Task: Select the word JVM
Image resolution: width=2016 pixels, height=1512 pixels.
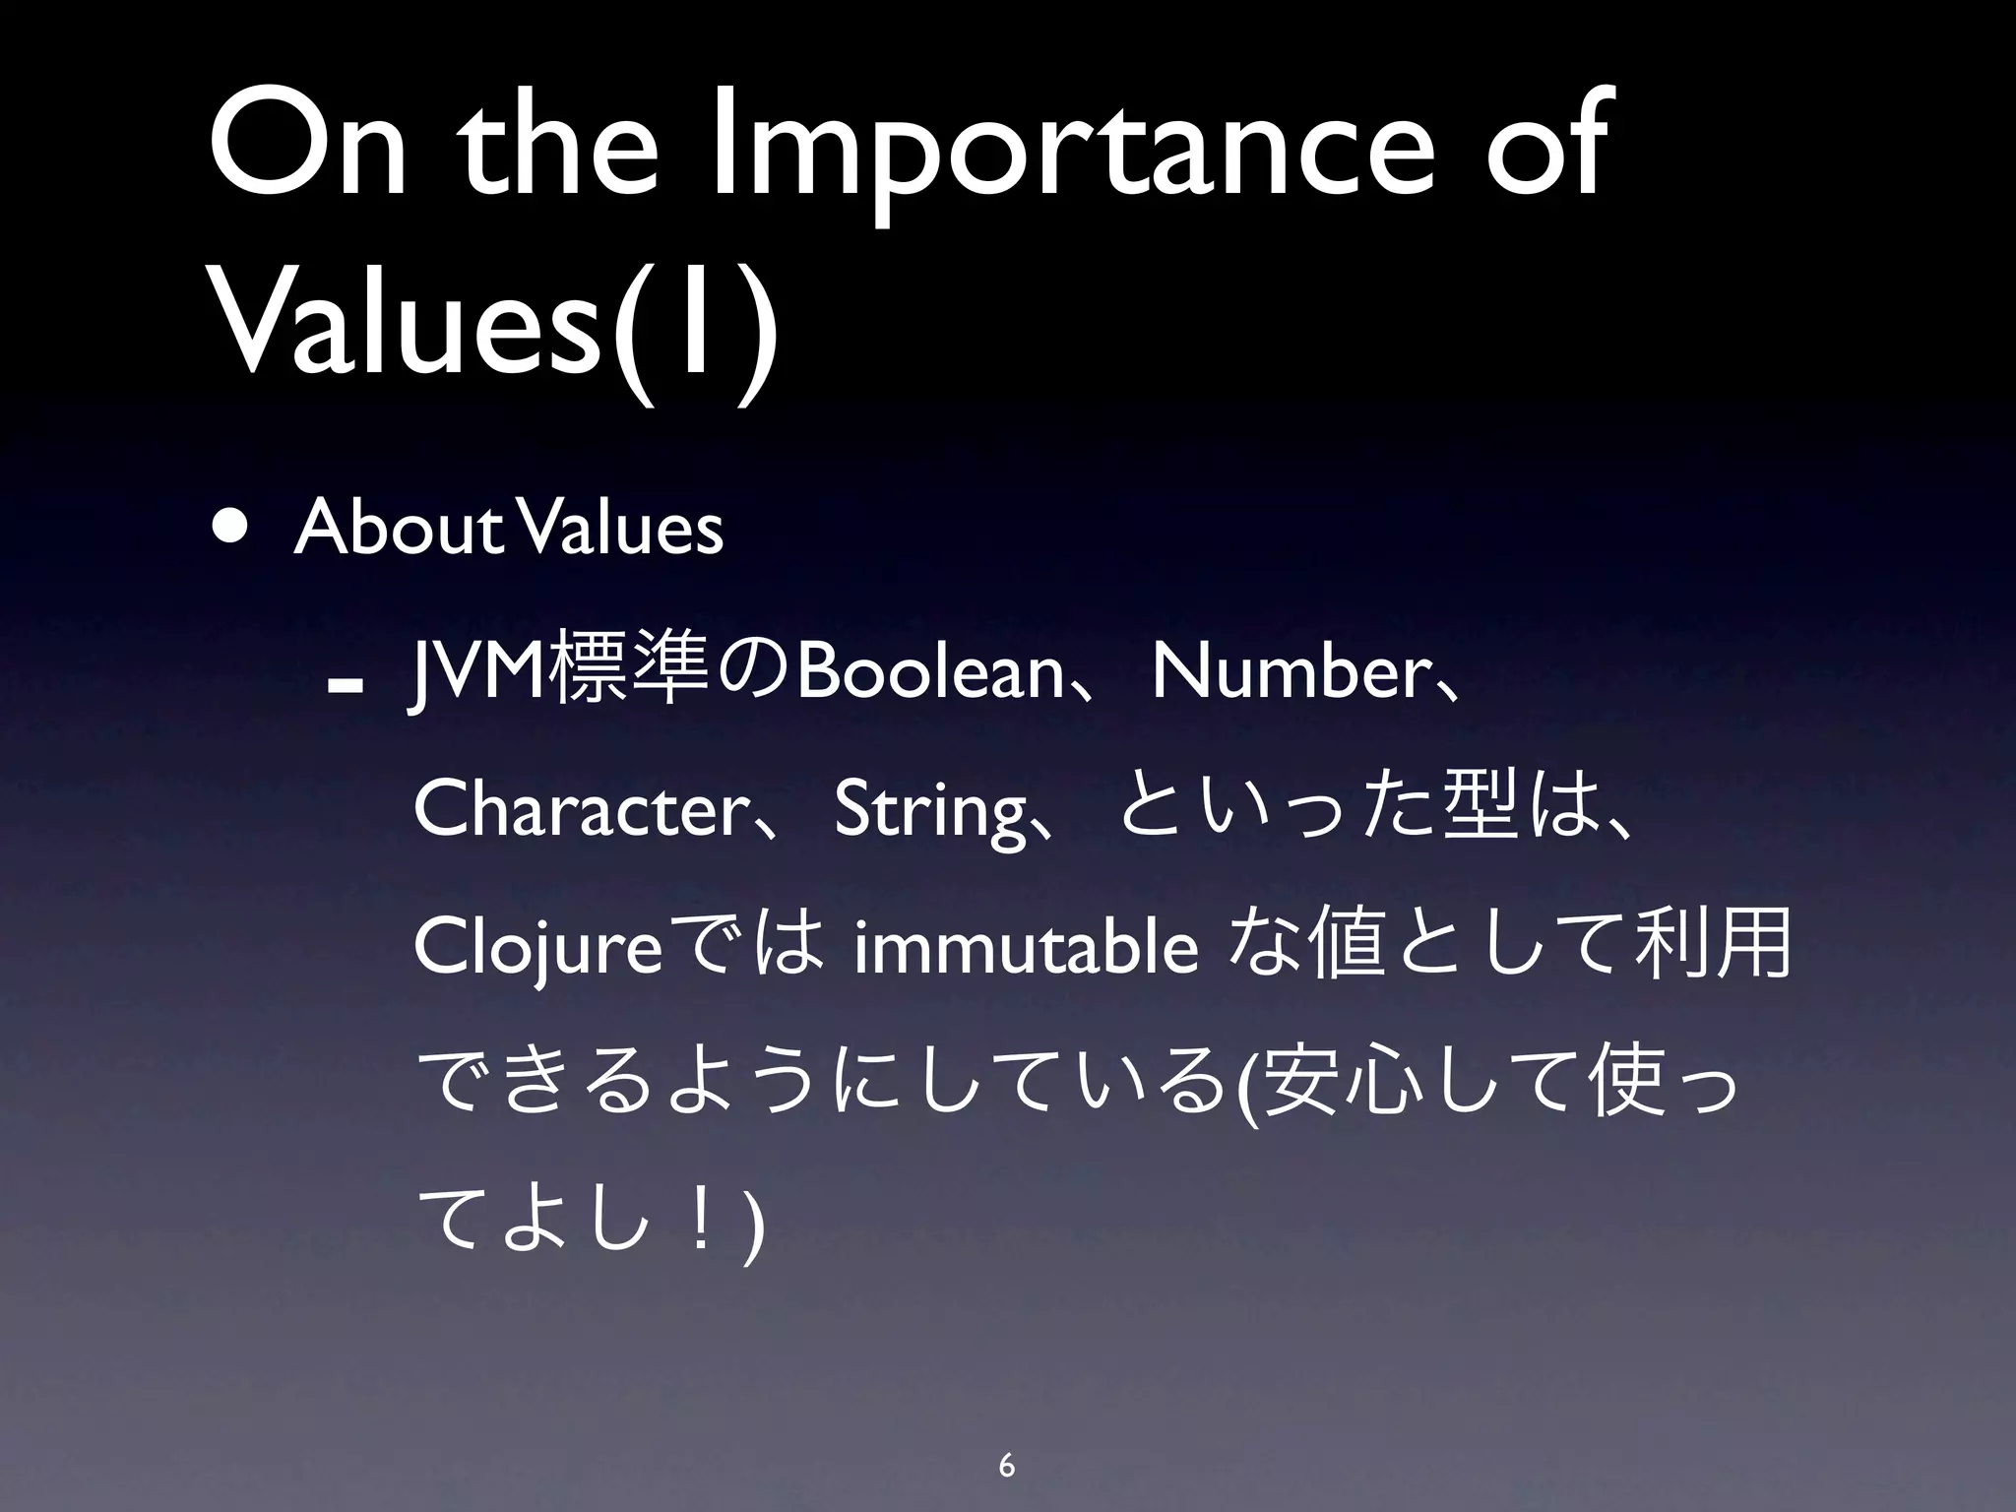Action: (x=477, y=675)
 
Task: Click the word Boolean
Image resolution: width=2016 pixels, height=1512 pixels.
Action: (x=929, y=675)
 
